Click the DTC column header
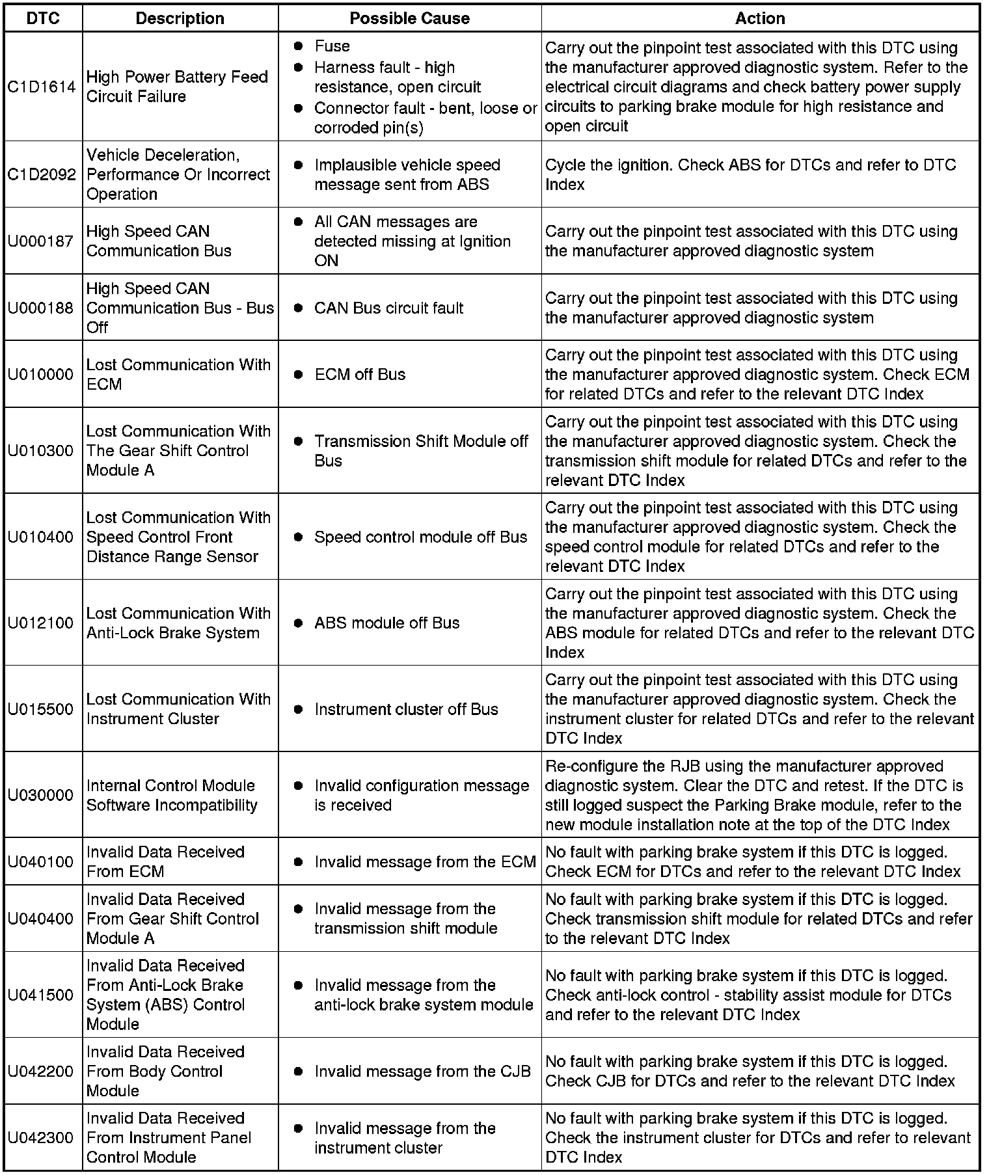[43, 18]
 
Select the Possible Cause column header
[409, 18]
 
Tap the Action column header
[759, 18]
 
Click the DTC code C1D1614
[42, 87]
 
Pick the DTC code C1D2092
[42, 175]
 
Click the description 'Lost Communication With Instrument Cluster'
[178, 709]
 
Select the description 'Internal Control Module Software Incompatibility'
[172, 795]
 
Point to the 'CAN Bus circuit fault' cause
[388, 308]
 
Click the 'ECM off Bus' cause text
[360, 375]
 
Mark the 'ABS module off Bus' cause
[386, 623]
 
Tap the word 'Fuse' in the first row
[332, 46]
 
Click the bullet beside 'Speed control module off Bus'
[298, 537]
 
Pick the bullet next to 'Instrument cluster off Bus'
[298, 709]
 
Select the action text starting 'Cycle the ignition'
[750, 175]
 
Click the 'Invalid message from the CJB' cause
[422, 1072]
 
